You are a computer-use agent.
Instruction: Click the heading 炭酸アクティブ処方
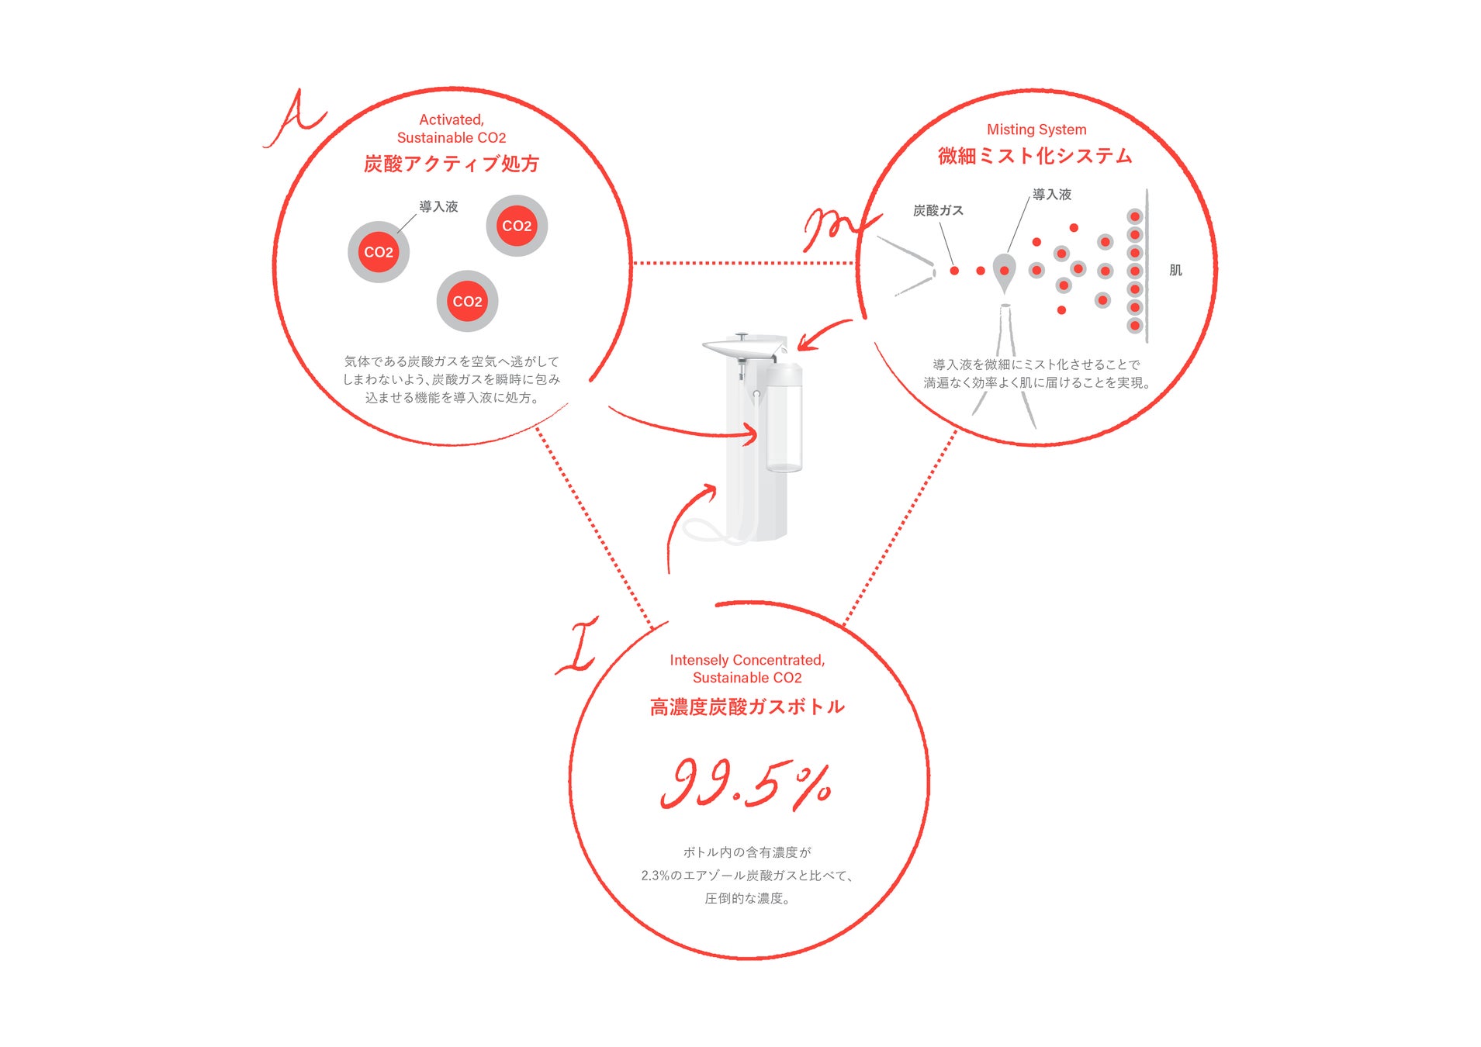tap(451, 164)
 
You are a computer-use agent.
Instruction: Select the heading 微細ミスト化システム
tap(1035, 156)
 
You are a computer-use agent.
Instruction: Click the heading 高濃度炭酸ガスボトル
tap(747, 707)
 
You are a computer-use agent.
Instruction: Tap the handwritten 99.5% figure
tap(746, 784)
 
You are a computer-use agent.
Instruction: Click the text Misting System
tap(1036, 130)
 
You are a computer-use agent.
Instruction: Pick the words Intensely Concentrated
tap(746, 660)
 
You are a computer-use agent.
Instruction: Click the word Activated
tap(451, 119)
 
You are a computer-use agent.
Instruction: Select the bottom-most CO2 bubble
tap(467, 301)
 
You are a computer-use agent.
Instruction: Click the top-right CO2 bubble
tap(517, 226)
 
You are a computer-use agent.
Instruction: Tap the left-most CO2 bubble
tap(379, 252)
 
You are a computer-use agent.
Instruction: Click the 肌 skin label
tap(1175, 270)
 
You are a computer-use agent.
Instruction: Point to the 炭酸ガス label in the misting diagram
tap(938, 210)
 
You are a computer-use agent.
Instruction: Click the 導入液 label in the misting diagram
tap(1052, 195)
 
